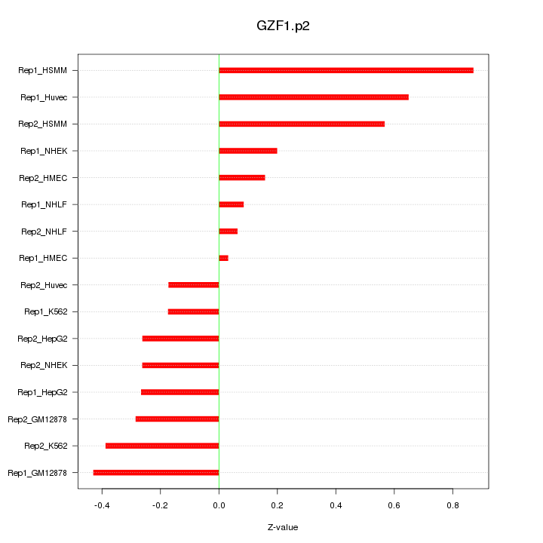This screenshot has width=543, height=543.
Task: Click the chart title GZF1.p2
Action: click(283, 26)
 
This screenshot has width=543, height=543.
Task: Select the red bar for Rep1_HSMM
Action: click(346, 70)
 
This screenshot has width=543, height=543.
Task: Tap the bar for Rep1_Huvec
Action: click(314, 97)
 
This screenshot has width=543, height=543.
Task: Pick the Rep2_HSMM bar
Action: click(302, 124)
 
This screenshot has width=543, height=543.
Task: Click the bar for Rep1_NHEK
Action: click(248, 151)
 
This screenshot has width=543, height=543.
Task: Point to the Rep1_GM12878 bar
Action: click(156, 473)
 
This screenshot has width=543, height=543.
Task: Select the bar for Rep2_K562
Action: click(162, 446)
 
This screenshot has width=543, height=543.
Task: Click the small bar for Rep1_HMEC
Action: click(223, 258)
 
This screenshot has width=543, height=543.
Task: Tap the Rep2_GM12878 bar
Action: click(177, 419)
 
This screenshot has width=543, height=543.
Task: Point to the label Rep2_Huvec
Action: click(44, 285)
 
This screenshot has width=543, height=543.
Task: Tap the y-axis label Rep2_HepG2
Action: click(42, 339)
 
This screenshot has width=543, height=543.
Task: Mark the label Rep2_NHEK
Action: click(44, 365)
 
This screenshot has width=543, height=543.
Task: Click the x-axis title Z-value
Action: click(283, 527)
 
